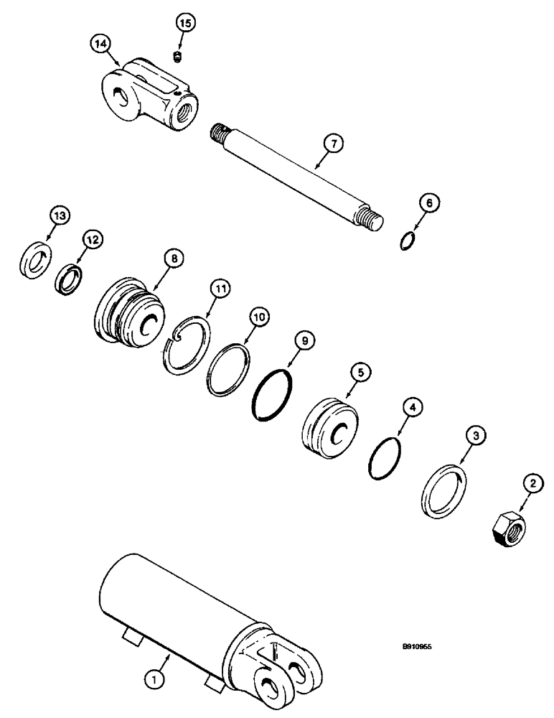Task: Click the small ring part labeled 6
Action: coord(407,240)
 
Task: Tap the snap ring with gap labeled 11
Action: coord(187,344)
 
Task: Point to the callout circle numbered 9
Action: coord(305,342)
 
